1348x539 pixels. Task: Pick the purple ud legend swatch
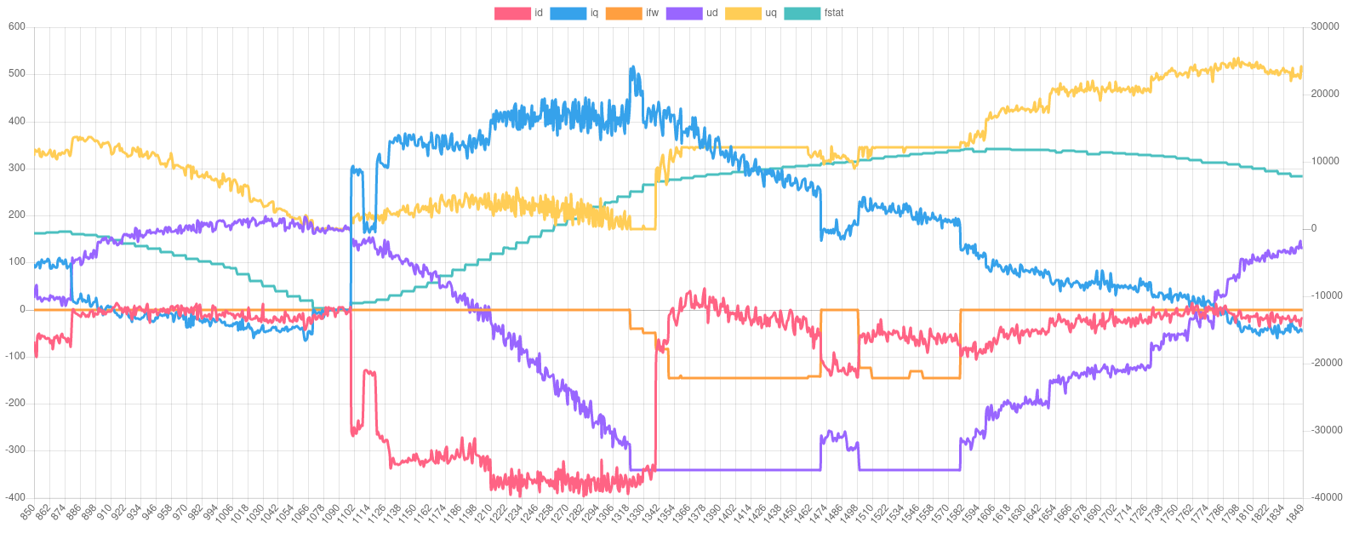point(683,14)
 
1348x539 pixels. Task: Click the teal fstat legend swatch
point(801,14)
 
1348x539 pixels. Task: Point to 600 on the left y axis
point(17,26)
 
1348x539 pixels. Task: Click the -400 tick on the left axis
point(15,496)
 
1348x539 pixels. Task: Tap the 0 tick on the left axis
point(22,309)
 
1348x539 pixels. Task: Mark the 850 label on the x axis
point(28,513)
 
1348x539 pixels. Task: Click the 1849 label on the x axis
point(1296,513)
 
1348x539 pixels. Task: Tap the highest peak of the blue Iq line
point(631,66)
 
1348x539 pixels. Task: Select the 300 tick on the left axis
point(17,168)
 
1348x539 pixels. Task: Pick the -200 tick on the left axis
point(15,403)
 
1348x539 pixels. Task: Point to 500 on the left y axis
point(17,73)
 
